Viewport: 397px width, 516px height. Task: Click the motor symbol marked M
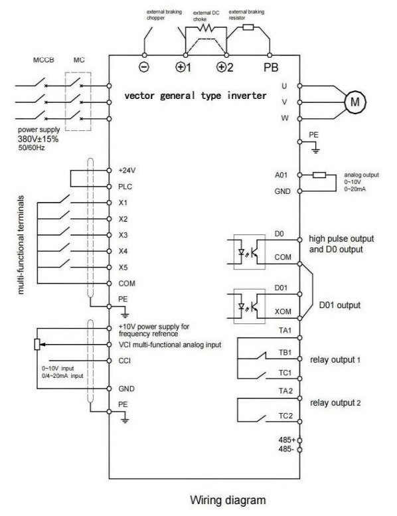click(355, 102)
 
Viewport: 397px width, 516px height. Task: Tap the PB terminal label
click(271, 68)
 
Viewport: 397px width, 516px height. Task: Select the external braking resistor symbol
click(248, 27)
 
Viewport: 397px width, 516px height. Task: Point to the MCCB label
click(43, 60)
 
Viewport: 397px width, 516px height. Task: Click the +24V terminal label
click(127, 171)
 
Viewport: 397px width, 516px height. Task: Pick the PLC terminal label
click(125, 187)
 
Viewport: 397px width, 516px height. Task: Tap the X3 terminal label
click(123, 235)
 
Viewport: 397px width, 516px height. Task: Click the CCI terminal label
click(124, 361)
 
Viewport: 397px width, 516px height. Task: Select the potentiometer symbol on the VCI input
click(37, 344)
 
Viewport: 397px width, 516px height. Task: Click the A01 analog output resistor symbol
click(319, 175)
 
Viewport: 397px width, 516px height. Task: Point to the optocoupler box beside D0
click(250, 252)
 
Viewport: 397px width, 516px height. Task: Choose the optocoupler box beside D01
click(250, 306)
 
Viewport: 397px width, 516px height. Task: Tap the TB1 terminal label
click(285, 353)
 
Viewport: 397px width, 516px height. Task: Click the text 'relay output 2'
click(335, 403)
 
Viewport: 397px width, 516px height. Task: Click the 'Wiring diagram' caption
click(228, 500)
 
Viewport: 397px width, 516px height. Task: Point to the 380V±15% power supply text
click(38, 139)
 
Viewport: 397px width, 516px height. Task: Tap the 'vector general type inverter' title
click(195, 96)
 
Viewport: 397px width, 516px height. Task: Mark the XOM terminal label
click(283, 311)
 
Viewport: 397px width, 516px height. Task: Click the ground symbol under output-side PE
click(315, 150)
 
